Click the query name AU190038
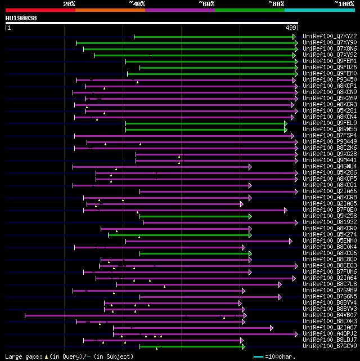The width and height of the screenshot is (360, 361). click(21, 18)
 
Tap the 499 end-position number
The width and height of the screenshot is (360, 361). click(291, 27)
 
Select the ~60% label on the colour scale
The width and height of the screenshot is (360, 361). click(206, 3)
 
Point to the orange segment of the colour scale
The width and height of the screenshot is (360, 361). click(110, 10)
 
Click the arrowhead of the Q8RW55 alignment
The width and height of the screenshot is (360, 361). click(286, 130)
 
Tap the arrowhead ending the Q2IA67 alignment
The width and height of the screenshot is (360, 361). click(272, 327)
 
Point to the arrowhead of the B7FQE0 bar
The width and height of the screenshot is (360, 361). click(286, 210)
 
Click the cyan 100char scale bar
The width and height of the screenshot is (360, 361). click(258, 356)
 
